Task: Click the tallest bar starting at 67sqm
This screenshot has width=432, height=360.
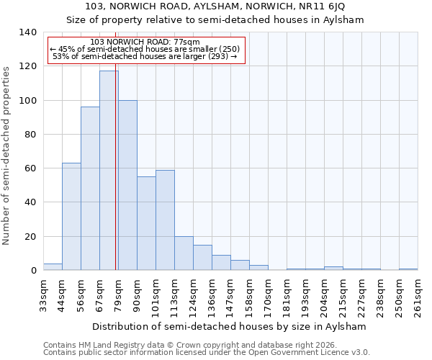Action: point(109,171)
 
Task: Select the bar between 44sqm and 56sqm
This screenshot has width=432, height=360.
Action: point(71,217)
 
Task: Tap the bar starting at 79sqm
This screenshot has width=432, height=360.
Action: point(127,185)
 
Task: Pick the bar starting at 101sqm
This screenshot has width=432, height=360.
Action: point(165,220)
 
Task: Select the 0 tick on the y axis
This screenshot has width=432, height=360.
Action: point(33,271)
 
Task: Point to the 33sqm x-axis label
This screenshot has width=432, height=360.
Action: point(44,295)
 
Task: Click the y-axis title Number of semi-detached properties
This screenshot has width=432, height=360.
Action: point(6,155)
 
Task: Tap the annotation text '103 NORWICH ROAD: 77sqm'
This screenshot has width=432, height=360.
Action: point(145,42)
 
